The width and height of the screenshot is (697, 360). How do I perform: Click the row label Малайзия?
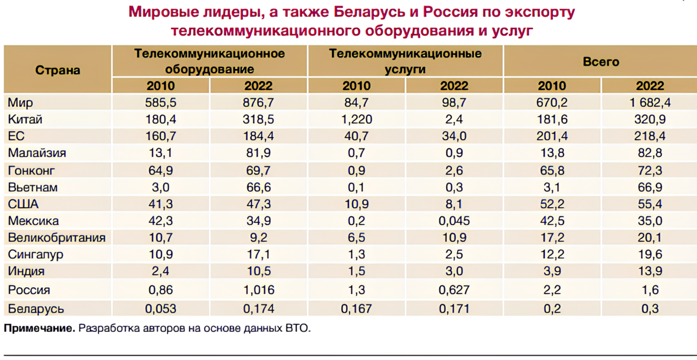click(37, 153)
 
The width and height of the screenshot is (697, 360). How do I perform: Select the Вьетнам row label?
click(33, 187)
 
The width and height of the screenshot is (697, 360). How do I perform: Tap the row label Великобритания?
click(56, 238)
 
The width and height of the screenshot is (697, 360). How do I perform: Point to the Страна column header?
click(57, 70)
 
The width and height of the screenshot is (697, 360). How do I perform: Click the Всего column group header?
click(601, 62)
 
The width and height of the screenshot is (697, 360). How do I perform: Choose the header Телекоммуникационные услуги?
click(405, 61)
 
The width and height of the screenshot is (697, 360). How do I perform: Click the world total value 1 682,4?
click(650, 103)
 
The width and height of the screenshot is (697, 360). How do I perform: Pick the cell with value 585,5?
click(160, 103)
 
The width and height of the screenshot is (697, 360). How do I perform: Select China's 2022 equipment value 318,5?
click(258, 120)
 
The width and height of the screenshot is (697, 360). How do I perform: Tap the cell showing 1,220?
click(356, 120)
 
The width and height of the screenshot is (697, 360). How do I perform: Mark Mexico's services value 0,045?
click(454, 221)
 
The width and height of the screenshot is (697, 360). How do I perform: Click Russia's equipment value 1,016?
click(258, 290)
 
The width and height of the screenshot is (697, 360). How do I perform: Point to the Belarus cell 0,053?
click(160, 309)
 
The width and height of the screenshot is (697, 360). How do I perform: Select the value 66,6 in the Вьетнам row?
click(258, 187)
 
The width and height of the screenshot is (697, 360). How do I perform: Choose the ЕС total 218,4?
click(650, 136)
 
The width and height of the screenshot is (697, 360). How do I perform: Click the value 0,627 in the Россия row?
click(454, 290)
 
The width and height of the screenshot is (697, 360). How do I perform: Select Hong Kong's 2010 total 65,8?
click(552, 171)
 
